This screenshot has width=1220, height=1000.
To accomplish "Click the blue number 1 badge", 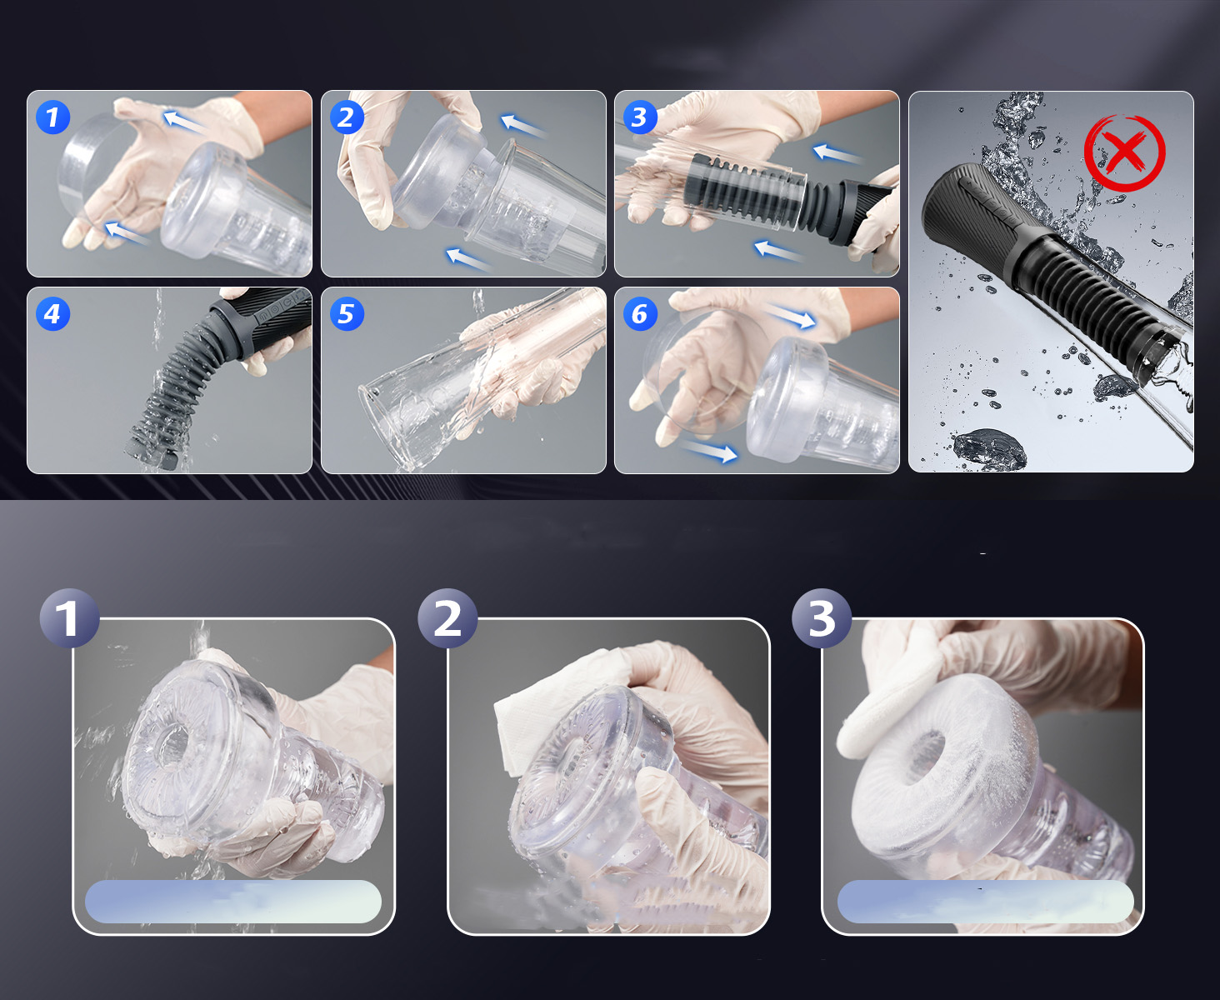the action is (52, 117).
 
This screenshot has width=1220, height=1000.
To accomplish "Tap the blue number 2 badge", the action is (347, 117).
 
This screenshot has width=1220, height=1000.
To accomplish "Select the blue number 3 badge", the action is (640, 117).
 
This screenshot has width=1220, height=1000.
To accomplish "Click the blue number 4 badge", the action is (52, 314).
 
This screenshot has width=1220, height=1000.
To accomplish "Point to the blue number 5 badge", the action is (347, 314).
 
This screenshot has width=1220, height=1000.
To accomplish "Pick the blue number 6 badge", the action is (640, 314).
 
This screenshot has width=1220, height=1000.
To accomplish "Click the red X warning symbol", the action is (1124, 152).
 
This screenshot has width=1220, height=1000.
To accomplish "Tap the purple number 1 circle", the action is (69, 617).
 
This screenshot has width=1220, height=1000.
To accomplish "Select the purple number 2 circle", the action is (447, 617).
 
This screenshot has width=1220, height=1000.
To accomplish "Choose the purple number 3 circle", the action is (822, 617).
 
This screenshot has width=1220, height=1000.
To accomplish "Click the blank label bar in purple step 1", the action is (233, 901).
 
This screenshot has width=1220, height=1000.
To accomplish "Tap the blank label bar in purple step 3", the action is (985, 901).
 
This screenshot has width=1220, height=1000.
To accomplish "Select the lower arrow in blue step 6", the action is (709, 450).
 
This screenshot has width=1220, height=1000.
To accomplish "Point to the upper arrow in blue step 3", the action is (837, 153).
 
